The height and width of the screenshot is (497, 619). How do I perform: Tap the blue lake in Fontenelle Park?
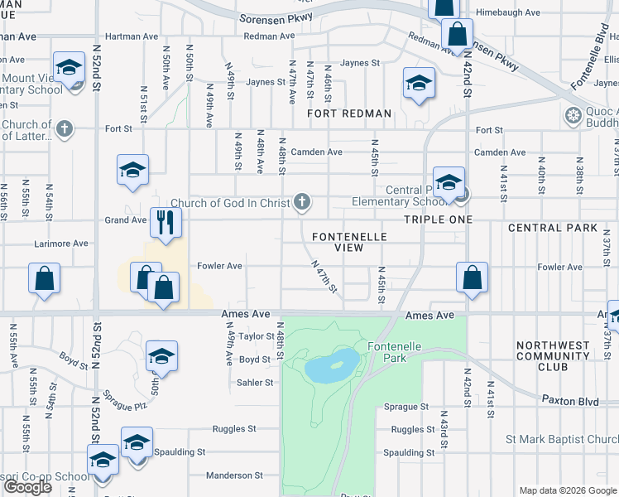point(332,364)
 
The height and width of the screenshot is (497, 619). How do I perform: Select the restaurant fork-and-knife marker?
point(164,221)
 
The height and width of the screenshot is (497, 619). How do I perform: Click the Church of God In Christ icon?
point(303,202)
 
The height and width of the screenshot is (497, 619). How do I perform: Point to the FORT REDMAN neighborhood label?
point(348,113)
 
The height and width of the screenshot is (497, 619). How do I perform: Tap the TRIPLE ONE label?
point(438,220)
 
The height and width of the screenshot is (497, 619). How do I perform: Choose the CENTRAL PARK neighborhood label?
point(552,228)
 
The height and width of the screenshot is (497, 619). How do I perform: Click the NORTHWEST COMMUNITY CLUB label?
point(554,355)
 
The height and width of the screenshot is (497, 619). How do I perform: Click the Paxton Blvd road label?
point(570,400)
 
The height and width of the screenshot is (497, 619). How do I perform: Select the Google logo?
point(28,487)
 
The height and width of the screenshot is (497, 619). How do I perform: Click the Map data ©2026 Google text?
point(567,490)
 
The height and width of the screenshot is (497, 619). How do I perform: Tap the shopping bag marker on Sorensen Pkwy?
point(456,35)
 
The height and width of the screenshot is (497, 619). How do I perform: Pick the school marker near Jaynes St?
point(419,83)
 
